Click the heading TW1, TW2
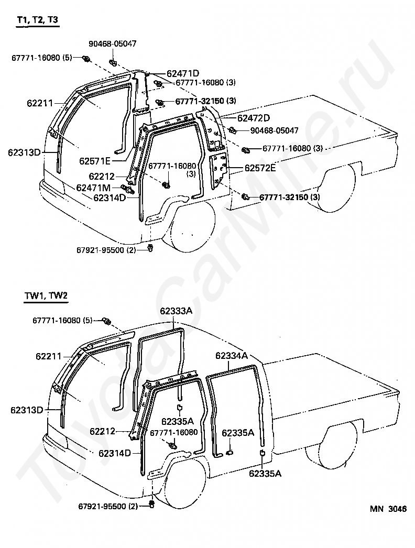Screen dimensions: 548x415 (x=46, y=295)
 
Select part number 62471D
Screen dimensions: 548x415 (x=183, y=73)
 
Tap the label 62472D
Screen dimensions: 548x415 (x=254, y=118)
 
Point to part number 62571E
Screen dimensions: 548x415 (x=95, y=160)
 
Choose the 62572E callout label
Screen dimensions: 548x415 (x=260, y=168)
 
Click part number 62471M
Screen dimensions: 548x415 (x=93, y=188)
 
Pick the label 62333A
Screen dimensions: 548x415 (x=176, y=311)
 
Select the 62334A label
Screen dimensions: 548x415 (x=231, y=356)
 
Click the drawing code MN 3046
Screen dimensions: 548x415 (x=388, y=508)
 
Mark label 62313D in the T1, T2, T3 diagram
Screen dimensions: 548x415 (x=24, y=152)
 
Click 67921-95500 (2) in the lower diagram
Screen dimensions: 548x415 (x=108, y=506)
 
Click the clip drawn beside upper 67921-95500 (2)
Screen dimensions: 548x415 (x=150, y=248)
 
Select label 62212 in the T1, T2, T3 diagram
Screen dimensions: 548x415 (x=101, y=177)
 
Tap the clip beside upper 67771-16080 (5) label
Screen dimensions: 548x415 (x=84, y=58)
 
